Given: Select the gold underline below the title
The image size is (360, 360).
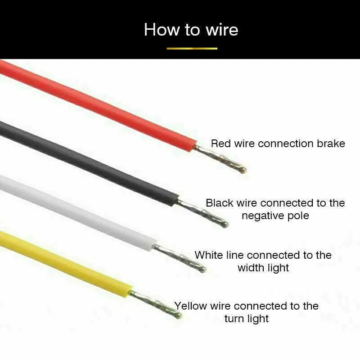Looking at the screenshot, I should click(192, 48).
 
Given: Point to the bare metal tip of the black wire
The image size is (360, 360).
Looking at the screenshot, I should click(205, 213).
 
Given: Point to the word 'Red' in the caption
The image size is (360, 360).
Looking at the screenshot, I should click(220, 144).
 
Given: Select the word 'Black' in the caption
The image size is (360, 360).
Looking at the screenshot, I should click(219, 203).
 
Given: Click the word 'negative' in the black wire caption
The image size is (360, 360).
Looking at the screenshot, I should click(262, 216).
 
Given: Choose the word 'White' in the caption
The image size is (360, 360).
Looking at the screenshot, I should click(209, 255).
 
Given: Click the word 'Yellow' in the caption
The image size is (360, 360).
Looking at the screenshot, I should click(190, 306).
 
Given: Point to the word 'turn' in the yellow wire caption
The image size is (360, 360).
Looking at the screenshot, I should click(234, 319).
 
